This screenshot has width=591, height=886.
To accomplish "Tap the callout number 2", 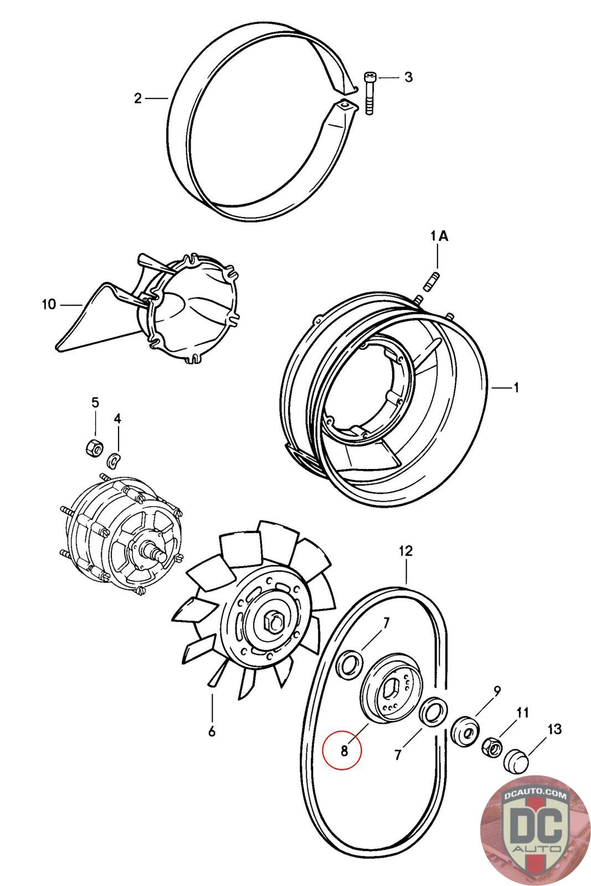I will point(138,99).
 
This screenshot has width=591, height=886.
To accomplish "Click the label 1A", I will point(439,236).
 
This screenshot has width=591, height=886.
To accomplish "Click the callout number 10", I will point(49,304).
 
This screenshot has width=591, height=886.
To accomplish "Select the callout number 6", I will point(211,732).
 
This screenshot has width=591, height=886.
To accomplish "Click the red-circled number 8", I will point(343,751).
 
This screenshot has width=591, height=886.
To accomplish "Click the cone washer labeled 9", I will point(465,732).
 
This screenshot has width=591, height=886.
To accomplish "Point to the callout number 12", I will point(405,551).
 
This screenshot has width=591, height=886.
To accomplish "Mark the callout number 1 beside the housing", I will point(516,388).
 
